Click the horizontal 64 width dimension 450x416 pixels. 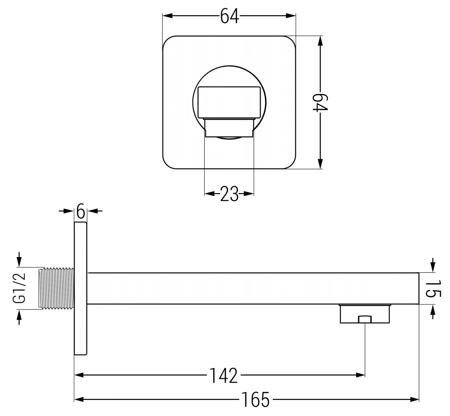point(229,16)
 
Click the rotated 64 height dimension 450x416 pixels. point(321,102)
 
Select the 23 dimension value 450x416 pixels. point(229,194)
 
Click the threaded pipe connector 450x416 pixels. point(56,288)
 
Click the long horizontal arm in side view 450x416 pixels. point(252,288)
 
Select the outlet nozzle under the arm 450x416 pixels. point(365,314)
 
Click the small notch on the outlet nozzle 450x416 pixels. point(365,320)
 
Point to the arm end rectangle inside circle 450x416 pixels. point(229,102)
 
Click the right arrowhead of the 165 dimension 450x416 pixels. point(414,399)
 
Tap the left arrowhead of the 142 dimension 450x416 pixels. point(79,375)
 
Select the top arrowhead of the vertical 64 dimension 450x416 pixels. point(321,40)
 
